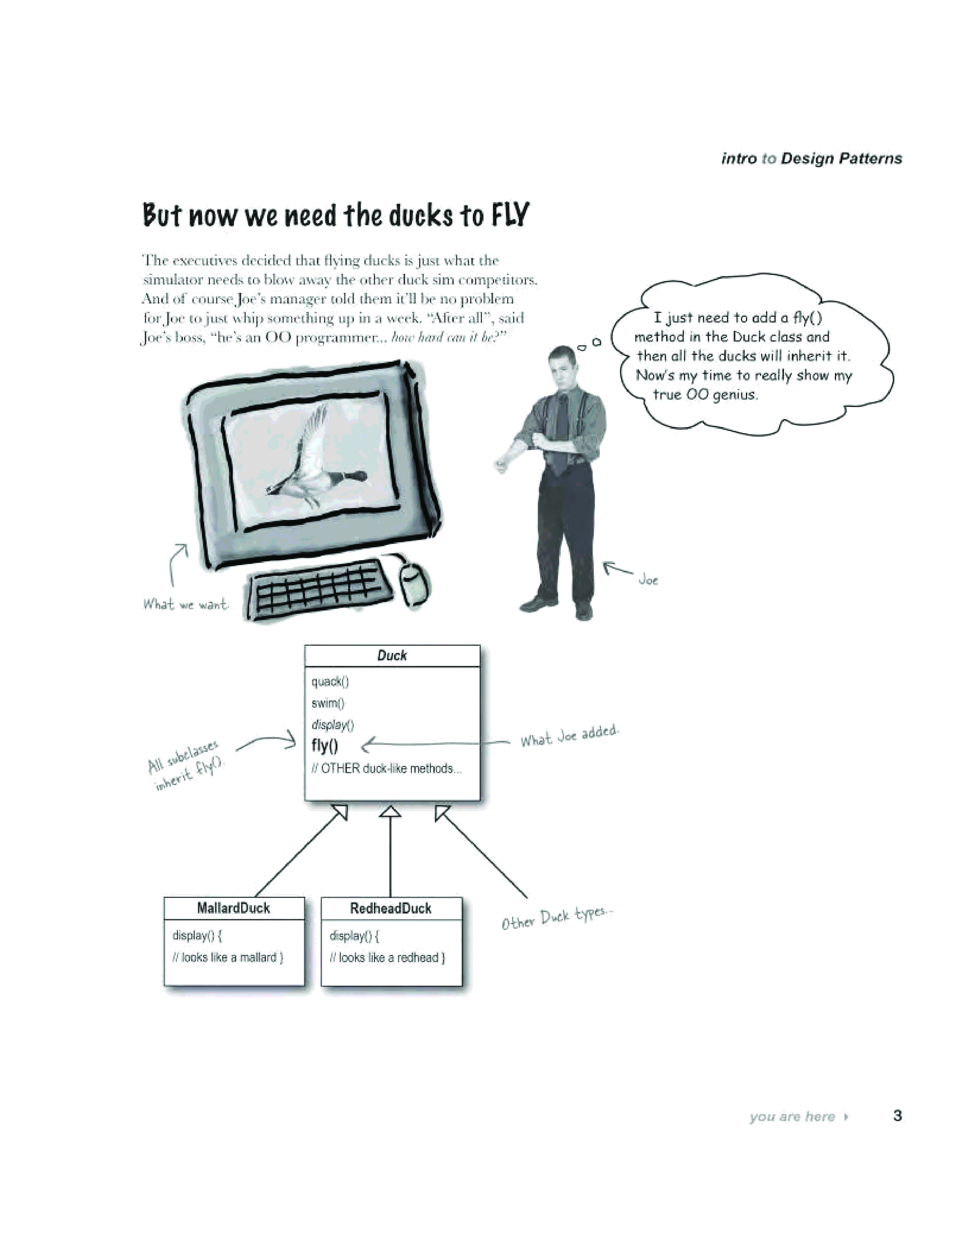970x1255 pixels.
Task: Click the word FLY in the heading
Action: coord(509,216)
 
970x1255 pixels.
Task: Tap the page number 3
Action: coord(897,1115)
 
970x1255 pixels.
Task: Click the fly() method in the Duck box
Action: coord(325,745)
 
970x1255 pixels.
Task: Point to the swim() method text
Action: coord(328,703)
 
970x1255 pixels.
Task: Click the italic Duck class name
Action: coord(392,656)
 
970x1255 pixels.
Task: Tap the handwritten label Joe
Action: coord(648,580)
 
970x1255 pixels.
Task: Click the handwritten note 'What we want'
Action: coord(186,604)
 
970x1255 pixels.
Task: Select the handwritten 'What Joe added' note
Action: coord(569,736)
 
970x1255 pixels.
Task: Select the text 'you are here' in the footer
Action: coord(792,1117)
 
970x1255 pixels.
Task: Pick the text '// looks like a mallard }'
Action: coord(227,957)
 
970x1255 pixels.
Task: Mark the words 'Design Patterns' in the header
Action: coord(841,159)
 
